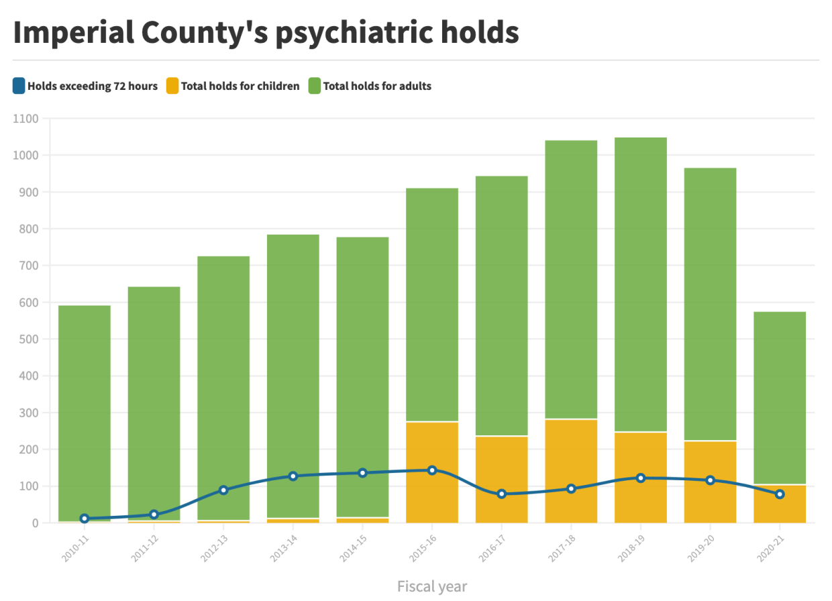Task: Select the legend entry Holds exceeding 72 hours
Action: [92, 86]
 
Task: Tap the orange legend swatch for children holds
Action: [173, 86]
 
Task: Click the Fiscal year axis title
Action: [431, 586]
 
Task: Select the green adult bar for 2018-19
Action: [641, 282]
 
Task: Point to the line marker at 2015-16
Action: [432, 470]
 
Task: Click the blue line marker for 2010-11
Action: [85, 518]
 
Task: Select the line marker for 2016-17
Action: [502, 494]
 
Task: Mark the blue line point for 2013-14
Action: [293, 476]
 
